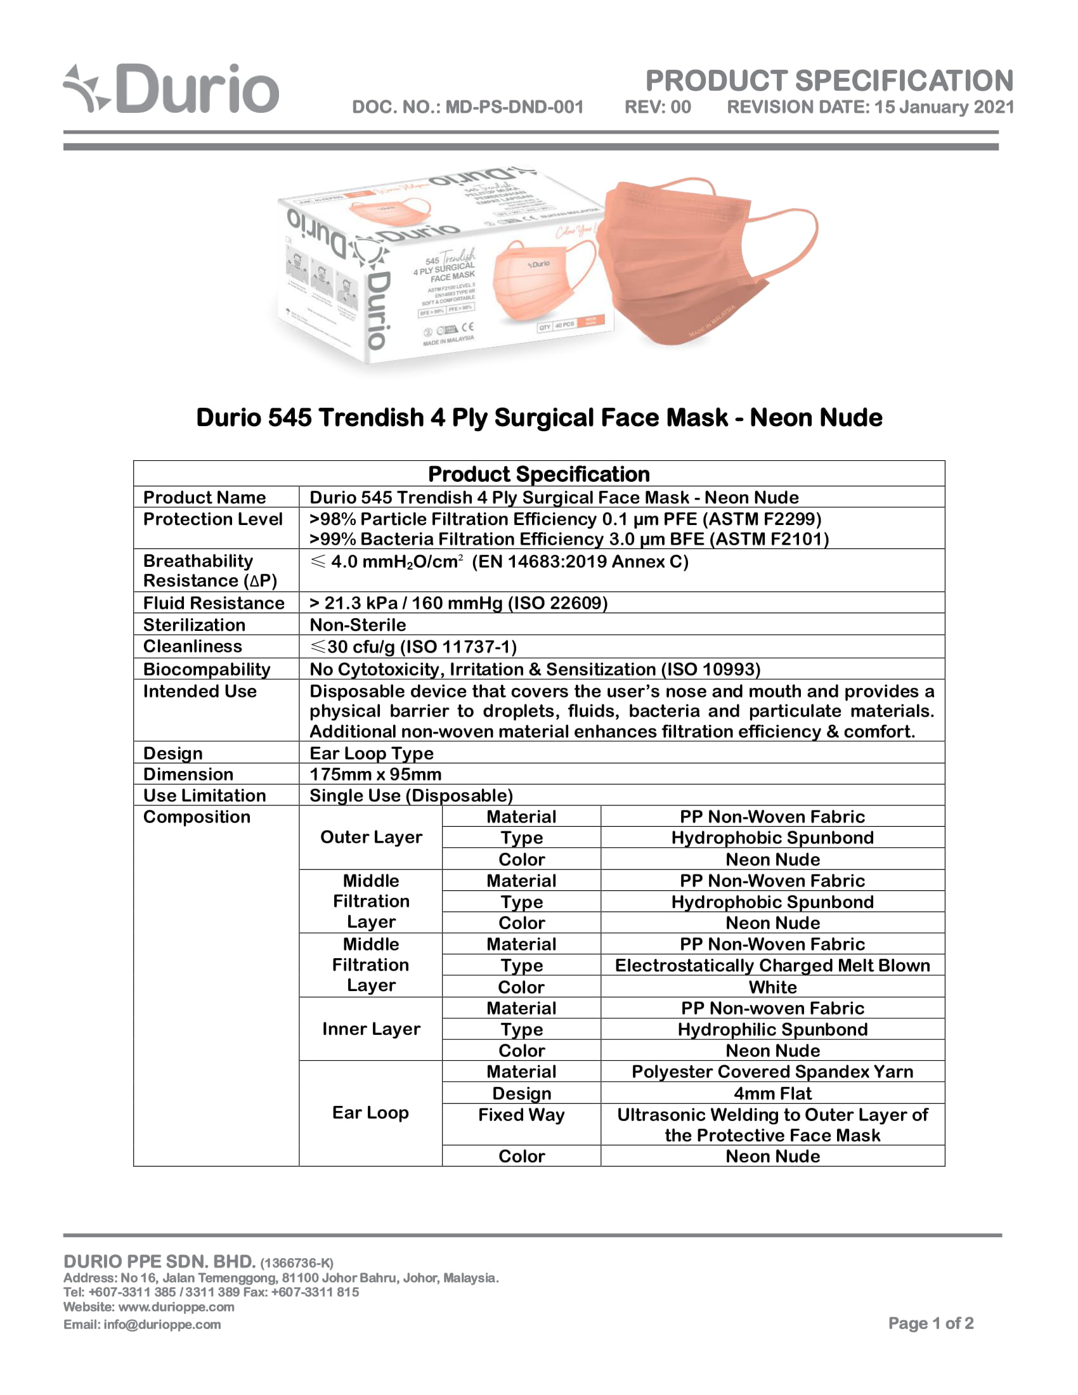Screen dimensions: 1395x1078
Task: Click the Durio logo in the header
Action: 171,89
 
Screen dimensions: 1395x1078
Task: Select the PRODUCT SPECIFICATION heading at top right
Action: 829,81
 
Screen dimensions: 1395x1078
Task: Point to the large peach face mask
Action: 703,262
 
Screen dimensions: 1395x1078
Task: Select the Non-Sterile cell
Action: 358,625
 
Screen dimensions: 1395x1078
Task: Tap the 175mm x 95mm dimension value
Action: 375,774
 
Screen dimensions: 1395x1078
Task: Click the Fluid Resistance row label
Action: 213,603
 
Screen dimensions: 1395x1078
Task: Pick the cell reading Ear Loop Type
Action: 371,753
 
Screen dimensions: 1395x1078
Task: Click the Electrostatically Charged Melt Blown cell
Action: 772,965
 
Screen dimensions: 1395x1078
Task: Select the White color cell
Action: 772,987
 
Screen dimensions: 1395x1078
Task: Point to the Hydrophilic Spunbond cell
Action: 772,1029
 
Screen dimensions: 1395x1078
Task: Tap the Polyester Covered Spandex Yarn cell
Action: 772,1071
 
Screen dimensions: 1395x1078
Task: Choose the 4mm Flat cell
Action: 772,1093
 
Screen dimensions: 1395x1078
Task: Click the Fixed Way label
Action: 521,1115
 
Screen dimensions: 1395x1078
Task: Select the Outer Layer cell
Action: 371,837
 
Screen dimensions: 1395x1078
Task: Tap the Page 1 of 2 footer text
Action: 930,1323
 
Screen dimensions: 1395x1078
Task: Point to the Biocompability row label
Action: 206,669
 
